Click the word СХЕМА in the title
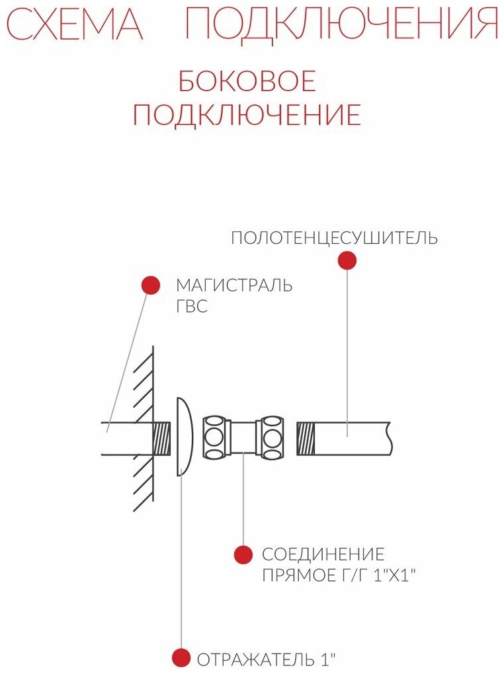(x=74, y=24)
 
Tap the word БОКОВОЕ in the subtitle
(x=247, y=81)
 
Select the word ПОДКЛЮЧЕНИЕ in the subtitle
(x=247, y=114)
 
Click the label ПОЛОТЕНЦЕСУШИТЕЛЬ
(x=334, y=238)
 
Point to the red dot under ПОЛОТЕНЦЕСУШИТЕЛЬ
(x=347, y=260)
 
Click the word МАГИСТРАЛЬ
(x=233, y=285)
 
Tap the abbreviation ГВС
(x=192, y=307)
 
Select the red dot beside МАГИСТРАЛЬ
(x=151, y=285)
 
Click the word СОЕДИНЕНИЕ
(x=323, y=554)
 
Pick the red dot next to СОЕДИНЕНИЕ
(x=243, y=554)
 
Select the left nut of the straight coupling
(x=214, y=436)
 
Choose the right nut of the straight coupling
(x=271, y=436)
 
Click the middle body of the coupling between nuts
(x=243, y=436)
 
